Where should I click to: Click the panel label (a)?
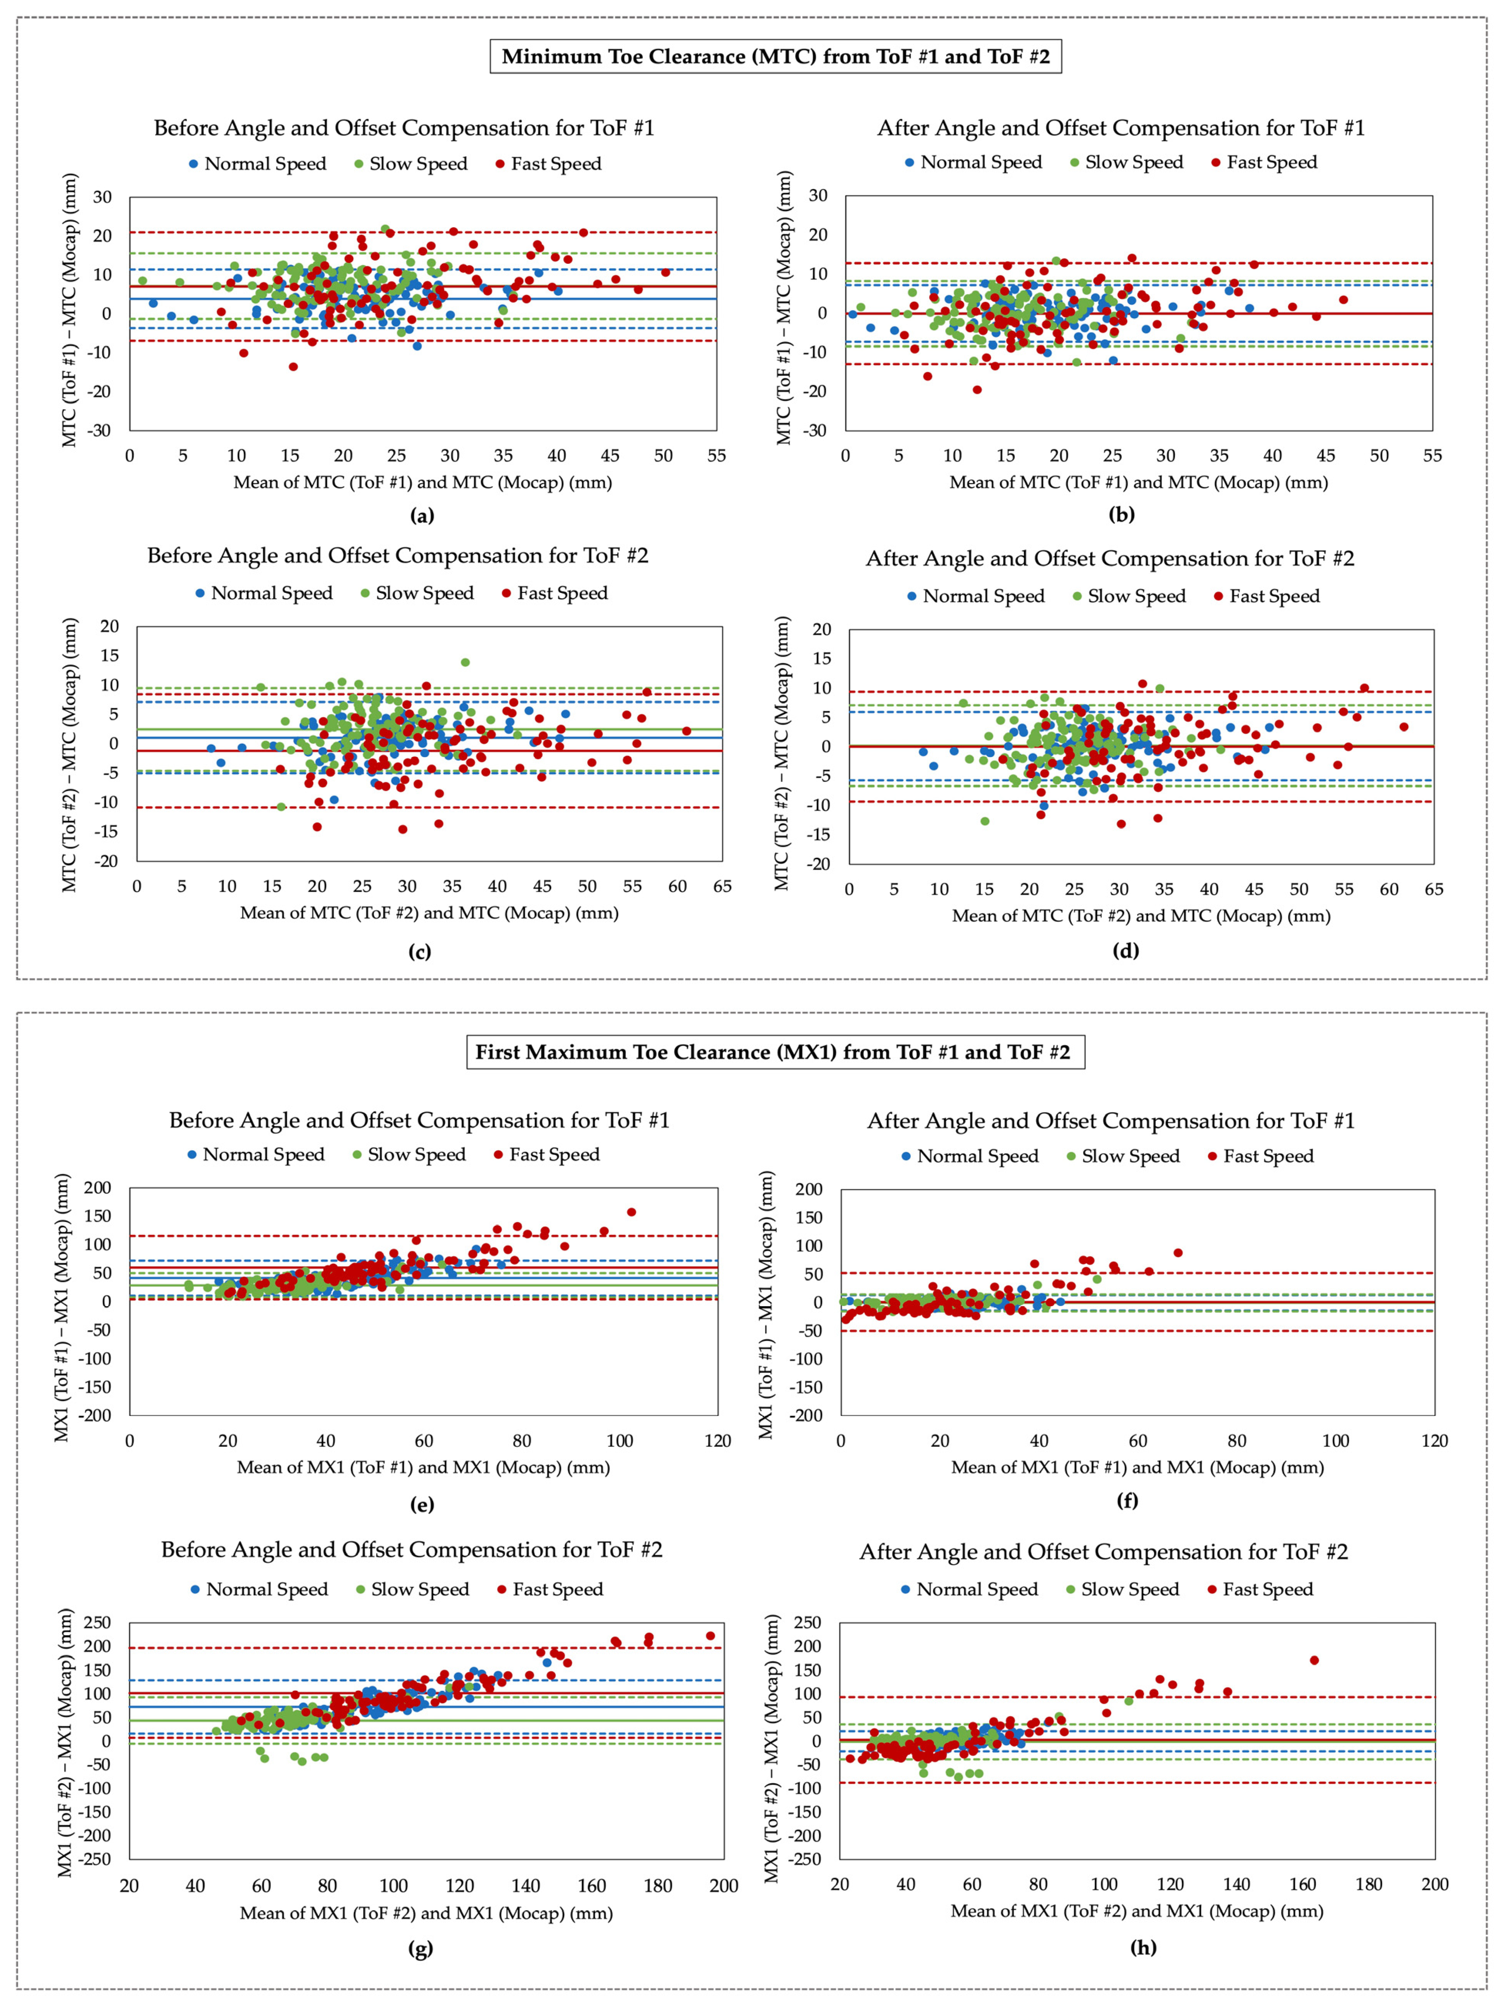point(422,515)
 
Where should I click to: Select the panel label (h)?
point(1143,1947)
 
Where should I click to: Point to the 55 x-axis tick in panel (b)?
point(1432,455)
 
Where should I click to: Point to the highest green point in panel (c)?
point(465,663)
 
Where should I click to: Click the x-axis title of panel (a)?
point(422,482)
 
